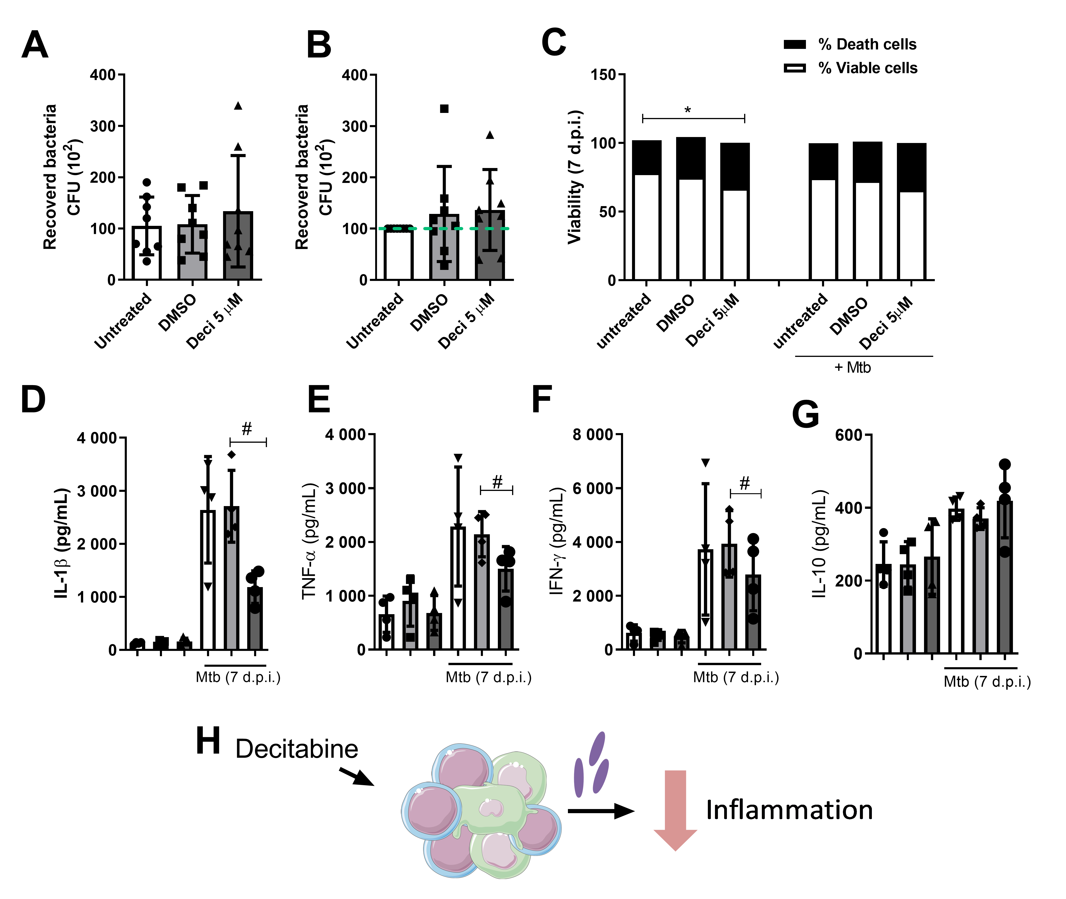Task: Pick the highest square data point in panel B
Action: point(444,109)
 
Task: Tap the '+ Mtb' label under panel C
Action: point(853,367)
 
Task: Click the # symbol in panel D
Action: point(247,429)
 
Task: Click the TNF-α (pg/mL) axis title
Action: point(310,541)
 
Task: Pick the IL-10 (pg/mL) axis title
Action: point(819,544)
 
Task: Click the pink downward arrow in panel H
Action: point(675,810)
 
